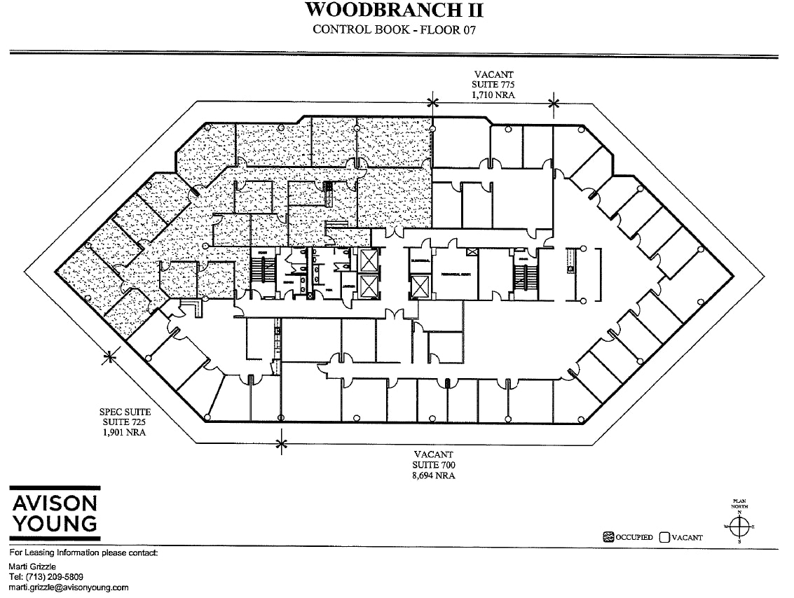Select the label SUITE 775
[x=493, y=84]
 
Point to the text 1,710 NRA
[x=493, y=93]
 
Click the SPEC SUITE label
[x=125, y=413]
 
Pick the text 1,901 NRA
[x=125, y=432]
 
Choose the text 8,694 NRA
[x=434, y=475]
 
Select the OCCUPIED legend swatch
[x=608, y=537]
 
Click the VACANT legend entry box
[x=664, y=537]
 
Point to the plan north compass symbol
[x=739, y=524]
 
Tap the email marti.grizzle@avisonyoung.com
[x=68, y=587]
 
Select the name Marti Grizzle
[x=33, y=566]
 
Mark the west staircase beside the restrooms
[x=261, y=274]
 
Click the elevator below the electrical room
[x=419, y=287]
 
